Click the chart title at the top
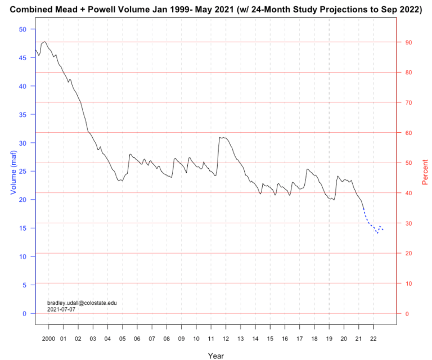215,10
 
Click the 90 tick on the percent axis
408,42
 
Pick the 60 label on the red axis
408,133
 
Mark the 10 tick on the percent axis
408,283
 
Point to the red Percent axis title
425,171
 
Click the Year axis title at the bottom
215,355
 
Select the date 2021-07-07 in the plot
62,309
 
